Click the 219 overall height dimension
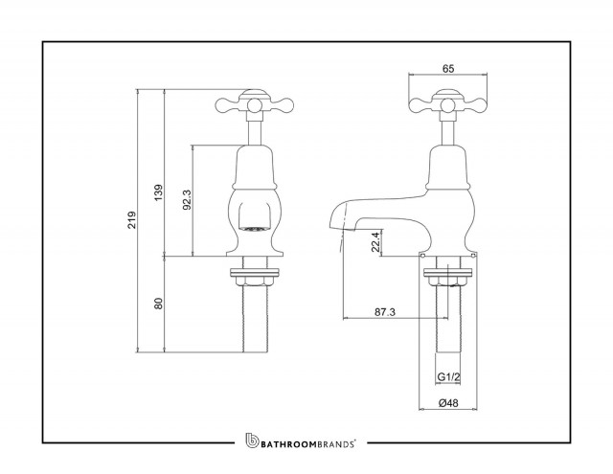click(x=132, y=220)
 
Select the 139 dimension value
click(x=158, y=192)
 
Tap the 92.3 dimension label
click(x=188, y=200)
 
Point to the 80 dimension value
click(x=158, y=304)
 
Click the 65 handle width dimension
click(x=448, y=68)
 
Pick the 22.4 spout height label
click(x=375, y=242)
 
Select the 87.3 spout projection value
click(x=385, y=312)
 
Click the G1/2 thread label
click(x=448, y=377)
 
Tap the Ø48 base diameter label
click(x=448, y=402)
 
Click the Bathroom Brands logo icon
click(x=252, y=440)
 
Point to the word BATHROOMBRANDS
click(x=307, y=444)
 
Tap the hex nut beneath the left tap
click(x=254, y=281)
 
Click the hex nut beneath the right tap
click(x=447, y=281)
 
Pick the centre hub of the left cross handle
click(x=254, y=104)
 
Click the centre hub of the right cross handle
click(x=447, y=104)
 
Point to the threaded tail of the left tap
click(x=255, y=319)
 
